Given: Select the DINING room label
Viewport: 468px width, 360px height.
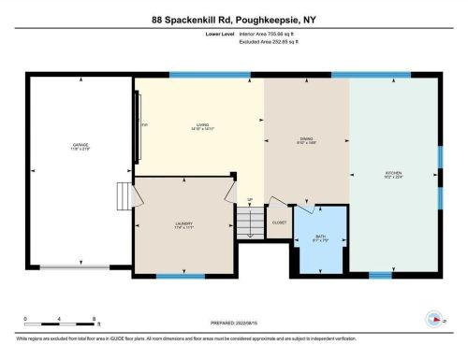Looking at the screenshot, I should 307,140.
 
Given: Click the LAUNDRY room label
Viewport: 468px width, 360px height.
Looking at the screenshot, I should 183,224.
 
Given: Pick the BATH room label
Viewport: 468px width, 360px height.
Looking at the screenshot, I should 319,238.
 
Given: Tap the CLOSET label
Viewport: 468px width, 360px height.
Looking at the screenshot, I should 279,223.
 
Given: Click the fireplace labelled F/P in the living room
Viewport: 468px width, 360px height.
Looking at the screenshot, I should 141,125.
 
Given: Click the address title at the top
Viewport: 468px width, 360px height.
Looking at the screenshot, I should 233,18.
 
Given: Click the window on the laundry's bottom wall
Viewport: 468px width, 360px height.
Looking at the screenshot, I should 180,276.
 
